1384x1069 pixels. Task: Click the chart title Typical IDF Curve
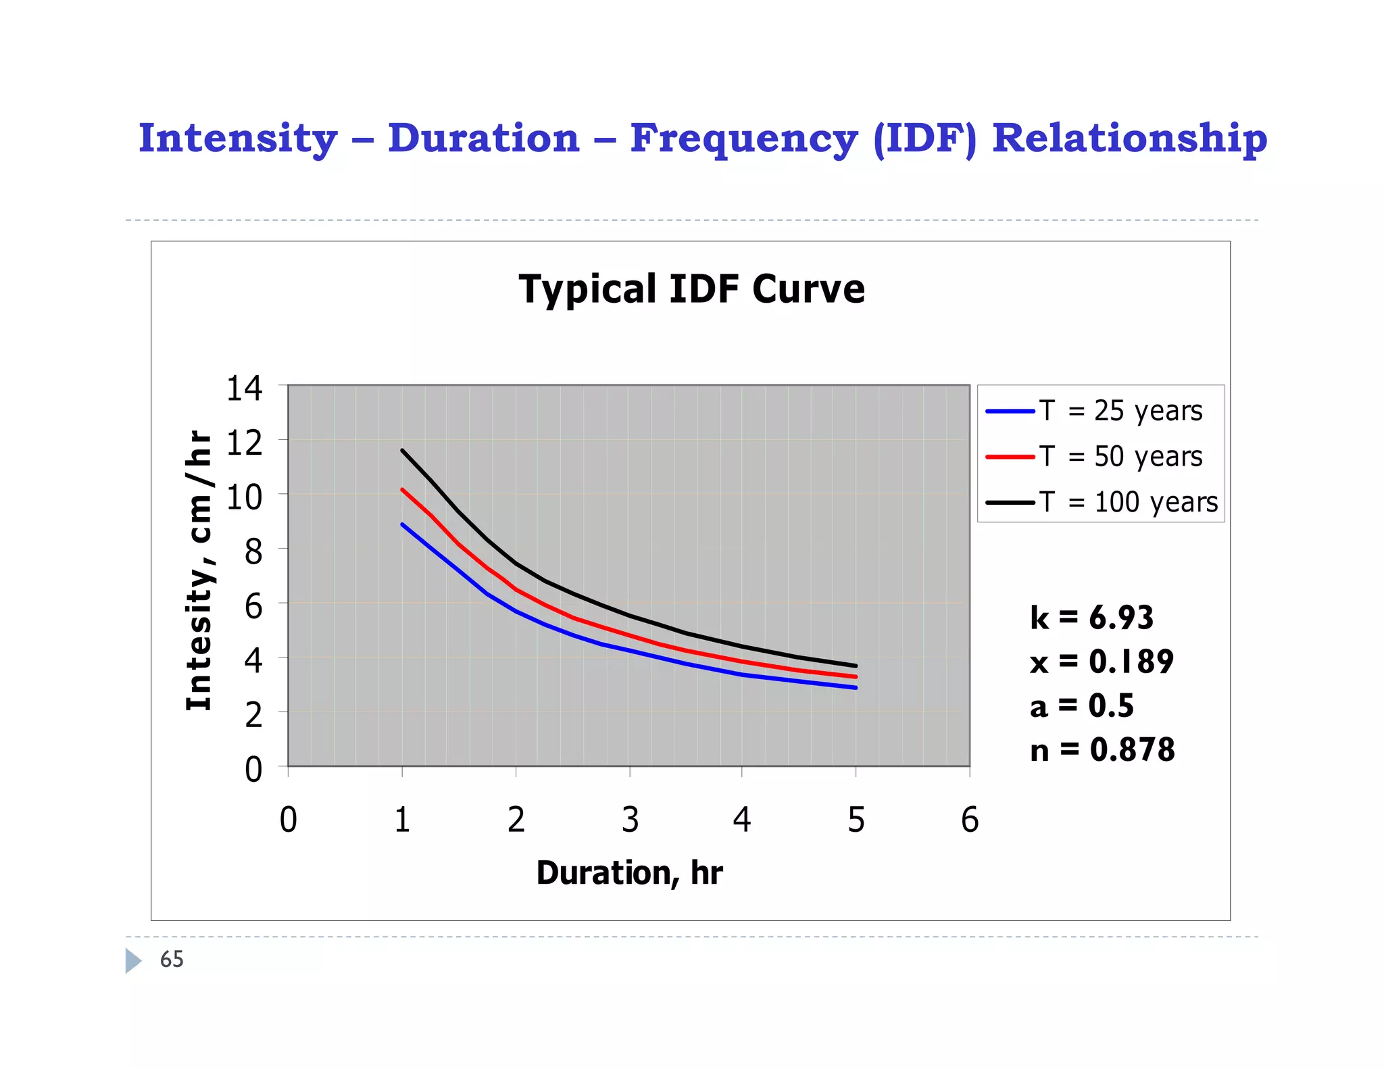coord(691,289)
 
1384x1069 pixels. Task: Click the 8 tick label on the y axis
coord(253,552)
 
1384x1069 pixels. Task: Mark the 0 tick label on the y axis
coord(253,770)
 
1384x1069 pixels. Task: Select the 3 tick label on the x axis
coord(630,820)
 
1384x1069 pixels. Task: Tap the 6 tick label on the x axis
coord(969,820)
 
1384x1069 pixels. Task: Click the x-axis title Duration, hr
coord(629,872)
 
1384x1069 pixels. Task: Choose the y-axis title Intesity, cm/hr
coord(199,571)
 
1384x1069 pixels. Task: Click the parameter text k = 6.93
coord(1091,618)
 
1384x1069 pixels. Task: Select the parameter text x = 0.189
coord(1102,662)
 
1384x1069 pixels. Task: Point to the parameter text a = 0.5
coord(1081,706)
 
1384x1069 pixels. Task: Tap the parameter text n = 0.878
coord(1102,750)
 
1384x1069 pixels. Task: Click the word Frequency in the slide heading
coord(743,139)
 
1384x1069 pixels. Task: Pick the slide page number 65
coord(171,960)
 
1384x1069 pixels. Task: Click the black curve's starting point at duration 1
coord(403,451)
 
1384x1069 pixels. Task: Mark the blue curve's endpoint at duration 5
coord(856,687)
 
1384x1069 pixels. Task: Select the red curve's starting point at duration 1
coord(403,490)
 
